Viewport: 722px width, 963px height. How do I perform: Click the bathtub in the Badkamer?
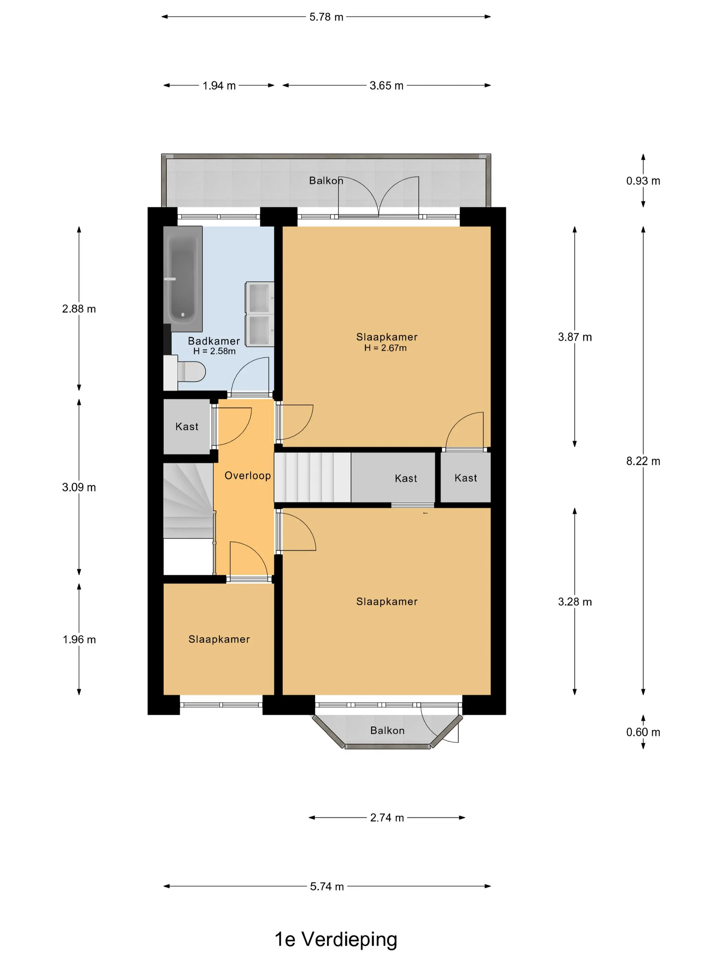pos(183,279)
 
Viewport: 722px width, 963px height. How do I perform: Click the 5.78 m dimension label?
pos(326,17)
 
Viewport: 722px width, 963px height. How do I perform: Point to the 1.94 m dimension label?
pos(219,86)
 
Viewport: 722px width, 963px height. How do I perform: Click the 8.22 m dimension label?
pos(643,461)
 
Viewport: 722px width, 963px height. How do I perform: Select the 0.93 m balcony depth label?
pos(643,181)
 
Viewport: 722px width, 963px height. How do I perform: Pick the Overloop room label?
pos(248,475)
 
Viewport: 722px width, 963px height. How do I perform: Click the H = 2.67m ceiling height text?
pos(386,348)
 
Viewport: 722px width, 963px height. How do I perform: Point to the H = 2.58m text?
pos(215,351)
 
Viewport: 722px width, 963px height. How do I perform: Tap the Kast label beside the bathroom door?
pos(187,427)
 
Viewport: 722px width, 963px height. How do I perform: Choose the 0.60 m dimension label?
pos(643,732)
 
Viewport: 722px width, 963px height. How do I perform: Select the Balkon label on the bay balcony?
pos(387,731)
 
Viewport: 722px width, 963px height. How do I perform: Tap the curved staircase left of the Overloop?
pos(188,501)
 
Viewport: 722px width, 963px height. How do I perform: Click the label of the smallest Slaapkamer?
pos(219,639)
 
